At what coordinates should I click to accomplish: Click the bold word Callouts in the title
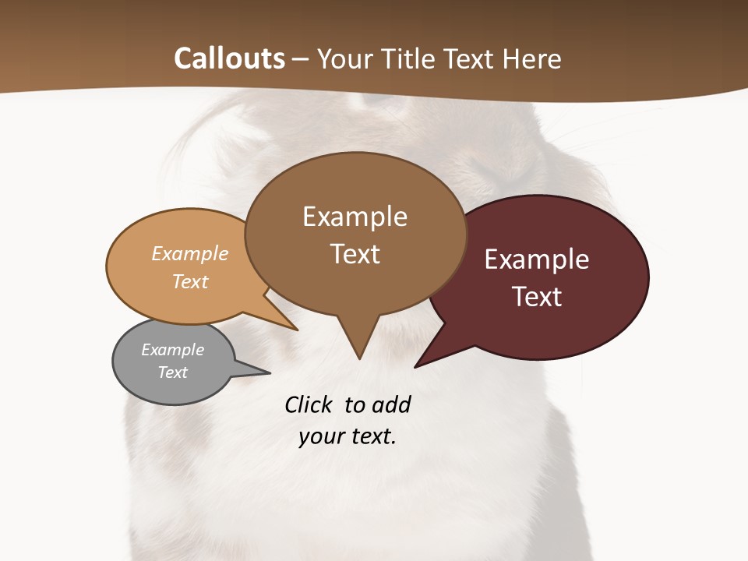tap(229, 58)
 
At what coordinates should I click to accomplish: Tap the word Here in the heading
tap(533, 58)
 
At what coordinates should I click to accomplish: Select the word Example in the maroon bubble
tap(537, 259)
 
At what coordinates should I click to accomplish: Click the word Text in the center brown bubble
tap(355, 254)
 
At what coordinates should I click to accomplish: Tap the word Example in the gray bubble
tap(172, 350)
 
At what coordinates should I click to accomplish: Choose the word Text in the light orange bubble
tap(190, 281)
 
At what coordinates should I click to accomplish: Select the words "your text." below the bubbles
tap(348, 436)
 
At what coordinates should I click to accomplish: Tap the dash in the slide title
tap(301, 58)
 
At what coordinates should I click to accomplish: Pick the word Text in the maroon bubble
tap(537, 297)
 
